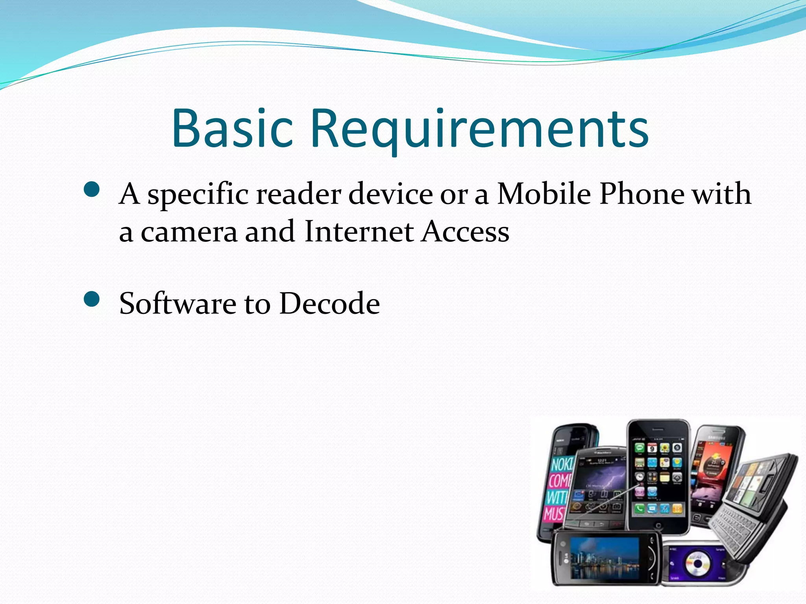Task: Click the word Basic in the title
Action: pyautogui.click(x=233, y=129)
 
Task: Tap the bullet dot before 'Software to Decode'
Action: pyautogui.click(x=92, y=300)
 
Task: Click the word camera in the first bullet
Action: pyautogui.click(x=189, y=232)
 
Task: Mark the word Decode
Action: pyautogui.click(x=329, y=304)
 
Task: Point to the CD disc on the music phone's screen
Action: pyautogui.click(x=697, y=563)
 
